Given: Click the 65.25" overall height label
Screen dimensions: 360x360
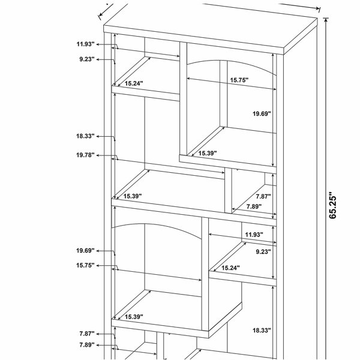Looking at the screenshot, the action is click(332, 205).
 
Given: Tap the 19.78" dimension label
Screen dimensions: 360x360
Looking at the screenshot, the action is click(85, 155).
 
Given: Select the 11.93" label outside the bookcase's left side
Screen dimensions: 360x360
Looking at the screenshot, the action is click(85, 44).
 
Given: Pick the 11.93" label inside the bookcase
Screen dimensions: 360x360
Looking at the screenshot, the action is click(254, 235).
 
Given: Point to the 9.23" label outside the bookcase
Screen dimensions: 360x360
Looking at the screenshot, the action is click(87, 59).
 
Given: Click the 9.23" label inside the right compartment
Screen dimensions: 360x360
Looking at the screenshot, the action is click(263, 252).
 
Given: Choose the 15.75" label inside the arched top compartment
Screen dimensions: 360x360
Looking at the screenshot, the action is click(239, 80).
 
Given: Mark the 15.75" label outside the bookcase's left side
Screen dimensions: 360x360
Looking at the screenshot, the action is click(85, 265).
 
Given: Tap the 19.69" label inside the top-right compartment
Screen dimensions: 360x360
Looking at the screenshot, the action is click(262, 113).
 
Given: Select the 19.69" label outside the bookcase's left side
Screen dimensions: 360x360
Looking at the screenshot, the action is click(85, 250).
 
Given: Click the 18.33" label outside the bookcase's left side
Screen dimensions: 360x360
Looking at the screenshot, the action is click(85, 136).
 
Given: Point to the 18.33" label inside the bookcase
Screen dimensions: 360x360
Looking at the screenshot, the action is click(262, 331).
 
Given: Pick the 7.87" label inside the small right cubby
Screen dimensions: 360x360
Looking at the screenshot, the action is click(263, 197).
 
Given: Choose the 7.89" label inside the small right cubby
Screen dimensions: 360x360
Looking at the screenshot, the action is click(254, 206).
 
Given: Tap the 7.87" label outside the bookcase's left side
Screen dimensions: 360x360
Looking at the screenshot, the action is click(87, 334).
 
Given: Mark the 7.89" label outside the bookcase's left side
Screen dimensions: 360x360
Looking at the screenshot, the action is click(87, 345).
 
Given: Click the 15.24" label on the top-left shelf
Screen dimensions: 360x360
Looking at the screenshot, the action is click(134, 83).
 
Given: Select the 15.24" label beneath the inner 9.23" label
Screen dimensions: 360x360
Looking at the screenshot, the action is click(230, 268).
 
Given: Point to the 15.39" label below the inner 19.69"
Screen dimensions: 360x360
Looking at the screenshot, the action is click(208, 153).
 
